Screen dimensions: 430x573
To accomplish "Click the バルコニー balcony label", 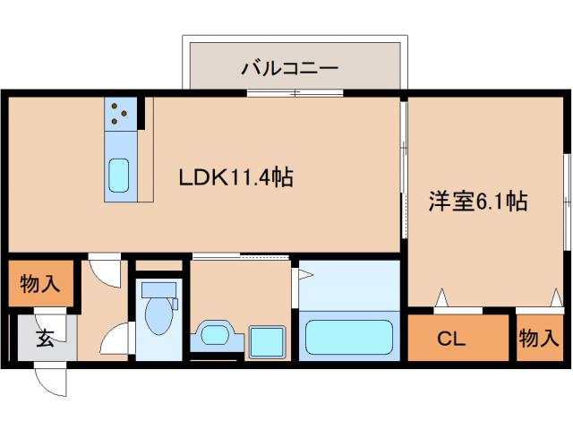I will click(x=288, y=67).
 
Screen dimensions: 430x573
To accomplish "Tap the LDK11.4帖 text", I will click(x=236, y=177).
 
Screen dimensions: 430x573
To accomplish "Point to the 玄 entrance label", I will click(x=44, y=339).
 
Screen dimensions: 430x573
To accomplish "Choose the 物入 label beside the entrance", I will click(x=40, y=285).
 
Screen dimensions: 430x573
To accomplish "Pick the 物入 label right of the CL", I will click(x=539, y=339).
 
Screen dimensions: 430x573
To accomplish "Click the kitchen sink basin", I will click(x=119, y=175).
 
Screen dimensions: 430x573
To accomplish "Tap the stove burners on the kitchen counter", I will click(x=122, y=113).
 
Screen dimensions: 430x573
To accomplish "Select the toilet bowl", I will click(x=158, y=315).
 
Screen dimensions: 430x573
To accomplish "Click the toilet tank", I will click(x=158, y=288).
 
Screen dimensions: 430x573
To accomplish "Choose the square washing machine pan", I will click(x=266, y=341).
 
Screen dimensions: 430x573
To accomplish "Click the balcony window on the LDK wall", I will click(x=295, y=92).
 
